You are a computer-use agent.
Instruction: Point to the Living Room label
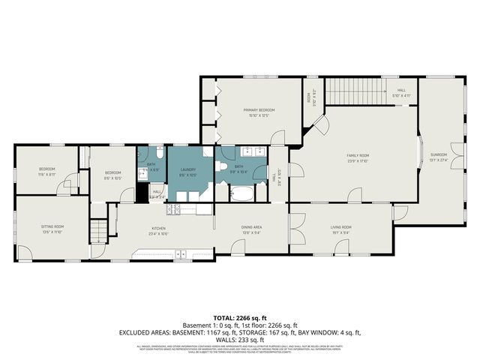341,229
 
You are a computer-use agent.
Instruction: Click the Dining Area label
251,229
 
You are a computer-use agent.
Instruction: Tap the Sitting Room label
52,229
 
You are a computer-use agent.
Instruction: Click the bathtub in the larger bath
242,194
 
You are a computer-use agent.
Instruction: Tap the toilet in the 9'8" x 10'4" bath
221,167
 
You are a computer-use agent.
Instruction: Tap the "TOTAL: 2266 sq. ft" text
238,316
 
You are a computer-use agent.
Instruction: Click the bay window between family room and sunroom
420,155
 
